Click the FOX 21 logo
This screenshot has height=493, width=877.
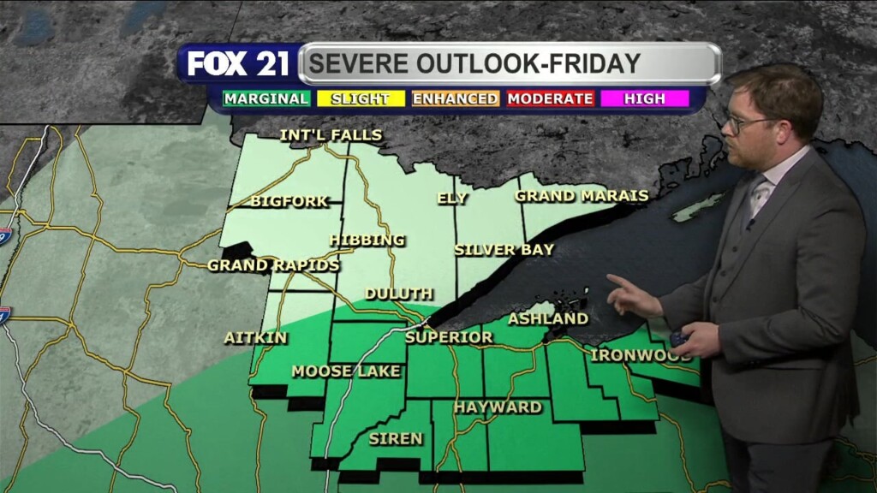point(239,64)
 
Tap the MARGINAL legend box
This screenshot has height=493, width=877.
point(265,98)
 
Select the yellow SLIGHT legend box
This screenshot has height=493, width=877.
point(360,98)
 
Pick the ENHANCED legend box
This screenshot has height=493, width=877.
point(455,98)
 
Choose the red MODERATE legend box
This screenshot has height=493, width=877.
point(550,98)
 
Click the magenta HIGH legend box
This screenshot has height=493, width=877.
point(645,98)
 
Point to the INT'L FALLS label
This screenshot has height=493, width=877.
point(331,135)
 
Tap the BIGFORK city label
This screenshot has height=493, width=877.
point(289,202)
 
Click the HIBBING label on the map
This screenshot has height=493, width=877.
point(367,240)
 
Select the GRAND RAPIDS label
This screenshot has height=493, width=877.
point(273,265)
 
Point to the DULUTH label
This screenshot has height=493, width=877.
point(399,294)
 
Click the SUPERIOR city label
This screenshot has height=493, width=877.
point(449,337)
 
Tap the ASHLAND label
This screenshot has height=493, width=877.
point(548,319)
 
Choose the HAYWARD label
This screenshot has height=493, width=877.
point(498,407)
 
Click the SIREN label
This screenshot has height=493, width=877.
point(396,438)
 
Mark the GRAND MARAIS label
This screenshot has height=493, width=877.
point(582,196)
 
